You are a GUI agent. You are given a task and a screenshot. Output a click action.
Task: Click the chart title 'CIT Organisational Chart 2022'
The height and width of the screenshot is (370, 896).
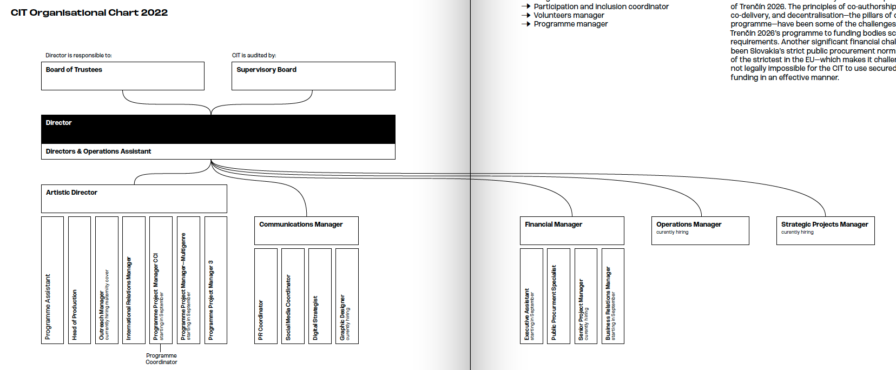(89, 12)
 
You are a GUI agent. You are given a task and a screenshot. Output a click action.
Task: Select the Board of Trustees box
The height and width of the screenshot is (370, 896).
(123, 76)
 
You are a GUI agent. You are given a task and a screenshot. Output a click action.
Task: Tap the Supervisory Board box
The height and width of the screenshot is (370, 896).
(313, 76)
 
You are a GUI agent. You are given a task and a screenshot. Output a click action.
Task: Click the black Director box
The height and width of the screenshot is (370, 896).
(218, 129)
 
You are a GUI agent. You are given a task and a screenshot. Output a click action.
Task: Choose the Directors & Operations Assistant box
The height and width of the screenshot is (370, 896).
(218, 151)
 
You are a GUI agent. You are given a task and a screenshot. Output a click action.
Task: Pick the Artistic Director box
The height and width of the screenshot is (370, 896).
(134, 199)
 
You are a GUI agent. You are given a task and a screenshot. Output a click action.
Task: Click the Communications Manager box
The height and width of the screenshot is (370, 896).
(306, 230)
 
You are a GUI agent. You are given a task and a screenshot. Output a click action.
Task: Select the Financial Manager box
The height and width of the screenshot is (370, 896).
(572, 230)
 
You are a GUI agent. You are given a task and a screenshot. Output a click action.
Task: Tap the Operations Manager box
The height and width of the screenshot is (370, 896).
(700, 230)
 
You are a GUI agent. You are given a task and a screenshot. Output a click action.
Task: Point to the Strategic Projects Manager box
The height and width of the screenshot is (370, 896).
(825, 230)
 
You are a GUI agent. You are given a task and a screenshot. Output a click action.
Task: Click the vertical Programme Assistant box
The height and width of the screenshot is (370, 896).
(52, 280)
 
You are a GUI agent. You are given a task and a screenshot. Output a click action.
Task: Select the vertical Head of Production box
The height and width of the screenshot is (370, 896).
(80, 280)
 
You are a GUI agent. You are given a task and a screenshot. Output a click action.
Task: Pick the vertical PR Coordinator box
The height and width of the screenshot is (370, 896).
(266, 296)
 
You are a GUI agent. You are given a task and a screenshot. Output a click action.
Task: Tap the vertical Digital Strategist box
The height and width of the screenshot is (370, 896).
(320, 296)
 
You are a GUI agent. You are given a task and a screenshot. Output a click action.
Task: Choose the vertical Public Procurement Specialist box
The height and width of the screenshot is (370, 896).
(558, 296)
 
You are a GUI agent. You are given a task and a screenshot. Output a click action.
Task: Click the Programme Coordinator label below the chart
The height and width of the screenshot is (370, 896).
(161, 359)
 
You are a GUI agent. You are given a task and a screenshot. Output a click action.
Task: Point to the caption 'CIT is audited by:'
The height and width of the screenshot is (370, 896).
(254, 55)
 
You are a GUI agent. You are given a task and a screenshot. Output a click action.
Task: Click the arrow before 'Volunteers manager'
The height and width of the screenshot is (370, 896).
(525, 15)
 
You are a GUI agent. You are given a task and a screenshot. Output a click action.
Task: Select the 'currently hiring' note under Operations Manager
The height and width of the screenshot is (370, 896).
(672, 232)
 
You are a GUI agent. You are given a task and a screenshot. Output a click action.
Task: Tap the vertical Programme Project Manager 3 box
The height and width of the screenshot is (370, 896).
(216, 280)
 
